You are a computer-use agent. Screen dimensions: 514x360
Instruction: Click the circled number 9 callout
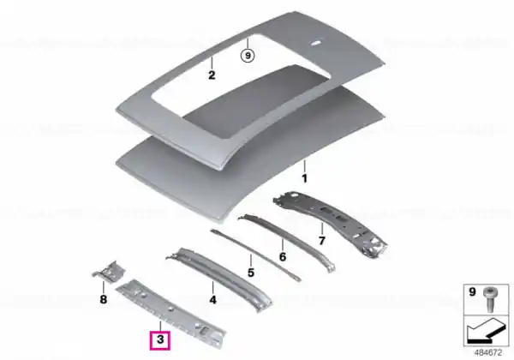(248, 56)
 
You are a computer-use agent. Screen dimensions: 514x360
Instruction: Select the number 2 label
(212, 75)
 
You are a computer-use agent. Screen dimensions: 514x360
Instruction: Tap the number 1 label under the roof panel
(304, 178)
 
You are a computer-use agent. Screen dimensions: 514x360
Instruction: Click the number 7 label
(322, 241)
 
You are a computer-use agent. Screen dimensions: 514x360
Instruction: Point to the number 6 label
(283, 257)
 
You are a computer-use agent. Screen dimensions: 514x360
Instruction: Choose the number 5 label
(251, 273)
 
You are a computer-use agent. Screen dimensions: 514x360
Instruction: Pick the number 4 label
(212, 300)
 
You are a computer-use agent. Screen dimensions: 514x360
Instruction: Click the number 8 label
(104, 299)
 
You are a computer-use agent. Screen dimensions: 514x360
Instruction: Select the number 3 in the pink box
(160, 339)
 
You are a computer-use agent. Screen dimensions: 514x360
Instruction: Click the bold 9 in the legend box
(472, 291)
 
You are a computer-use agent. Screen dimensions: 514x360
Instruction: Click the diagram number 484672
(488, 353)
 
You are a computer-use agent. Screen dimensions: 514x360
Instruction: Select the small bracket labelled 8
(109, 272)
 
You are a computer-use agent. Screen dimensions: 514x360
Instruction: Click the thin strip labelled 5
(255, 255)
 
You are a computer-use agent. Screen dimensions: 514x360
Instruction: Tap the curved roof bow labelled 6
(288, 242)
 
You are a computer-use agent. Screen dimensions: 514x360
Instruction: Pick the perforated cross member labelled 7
(331, 223)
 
